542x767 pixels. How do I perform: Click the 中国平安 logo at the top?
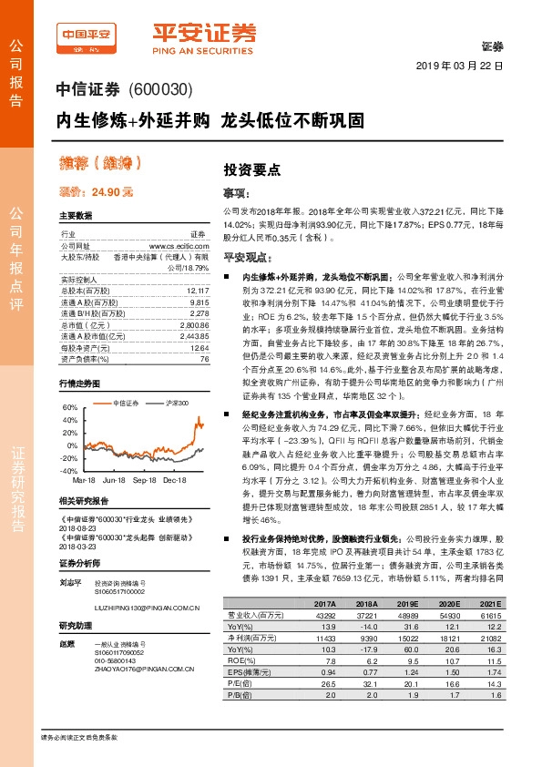[87, 36]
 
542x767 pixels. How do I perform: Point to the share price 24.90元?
[97, 192]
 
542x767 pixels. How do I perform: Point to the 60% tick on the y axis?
[70, 407]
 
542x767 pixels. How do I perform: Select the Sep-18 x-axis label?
[145, 478]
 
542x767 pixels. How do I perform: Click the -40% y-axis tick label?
[69, 471]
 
